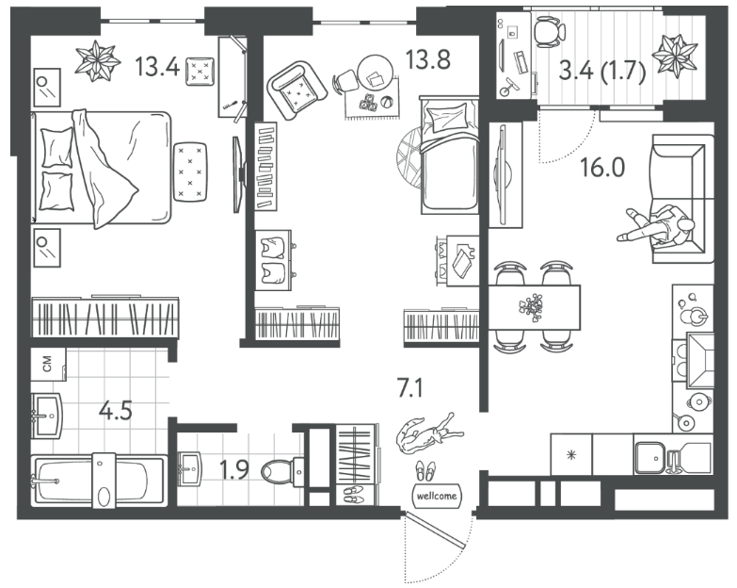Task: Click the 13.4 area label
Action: point(157,66)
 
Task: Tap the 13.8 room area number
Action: point(427,59)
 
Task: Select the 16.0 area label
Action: point(602,168)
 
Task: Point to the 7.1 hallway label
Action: point(410,389)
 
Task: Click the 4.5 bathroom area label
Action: point(116,411)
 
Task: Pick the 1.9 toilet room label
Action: point(234,470)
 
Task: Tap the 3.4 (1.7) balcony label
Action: point(602,72)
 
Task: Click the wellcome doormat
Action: point(437,496)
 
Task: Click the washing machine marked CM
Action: point(47,363)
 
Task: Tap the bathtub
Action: point(99,481)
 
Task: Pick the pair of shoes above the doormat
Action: point(425,471)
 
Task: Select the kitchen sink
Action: point(649,457)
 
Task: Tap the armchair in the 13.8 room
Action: point(296,90)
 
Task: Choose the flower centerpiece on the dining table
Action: point(531,307)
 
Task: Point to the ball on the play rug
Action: point(387,103)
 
